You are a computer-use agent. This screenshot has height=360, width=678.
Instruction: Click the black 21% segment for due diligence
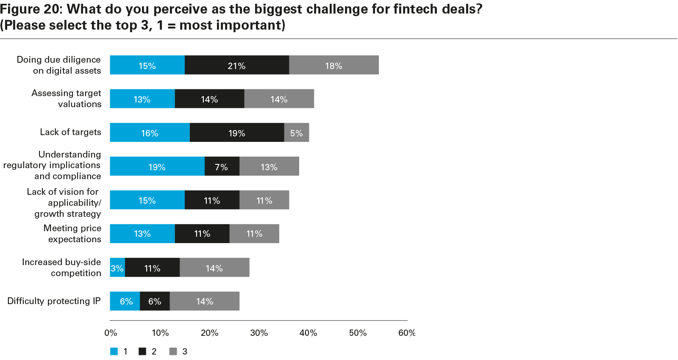tap(237, 65)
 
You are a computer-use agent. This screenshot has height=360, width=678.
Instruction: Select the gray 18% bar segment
tap(334, 65)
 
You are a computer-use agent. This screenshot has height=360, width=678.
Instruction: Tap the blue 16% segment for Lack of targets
tap(150, 133)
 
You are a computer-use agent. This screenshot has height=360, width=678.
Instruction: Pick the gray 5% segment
tap(297, 133)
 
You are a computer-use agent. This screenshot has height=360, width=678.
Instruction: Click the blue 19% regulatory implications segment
tap(157, 166)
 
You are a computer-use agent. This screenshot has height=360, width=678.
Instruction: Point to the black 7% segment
tap(222, 166)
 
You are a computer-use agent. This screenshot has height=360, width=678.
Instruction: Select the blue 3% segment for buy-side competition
tap(117, 268)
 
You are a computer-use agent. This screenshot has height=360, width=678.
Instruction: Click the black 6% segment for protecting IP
tap(155, 301)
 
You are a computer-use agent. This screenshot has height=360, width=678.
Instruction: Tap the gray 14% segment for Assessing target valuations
tap(279, 99)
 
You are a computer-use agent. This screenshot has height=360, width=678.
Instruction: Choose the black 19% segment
tap(237, 133)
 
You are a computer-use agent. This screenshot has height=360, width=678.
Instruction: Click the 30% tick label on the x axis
tap(259, 333)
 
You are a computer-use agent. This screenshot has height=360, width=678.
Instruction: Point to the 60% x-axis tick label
tap(407, 333)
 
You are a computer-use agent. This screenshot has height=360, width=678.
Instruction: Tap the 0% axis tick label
tap(111, 333)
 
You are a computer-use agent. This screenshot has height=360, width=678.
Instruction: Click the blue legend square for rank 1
tap(114, 352)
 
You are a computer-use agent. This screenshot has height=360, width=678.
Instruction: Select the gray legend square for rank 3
tap(173, 352)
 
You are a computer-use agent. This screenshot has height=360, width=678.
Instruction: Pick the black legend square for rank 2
tap(142, 352)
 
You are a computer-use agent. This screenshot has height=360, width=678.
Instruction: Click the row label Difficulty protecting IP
tap(54, 301)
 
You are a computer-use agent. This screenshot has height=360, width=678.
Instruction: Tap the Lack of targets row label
tap(71, 132)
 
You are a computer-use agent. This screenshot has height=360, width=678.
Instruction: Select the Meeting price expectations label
tap(73, 233)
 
